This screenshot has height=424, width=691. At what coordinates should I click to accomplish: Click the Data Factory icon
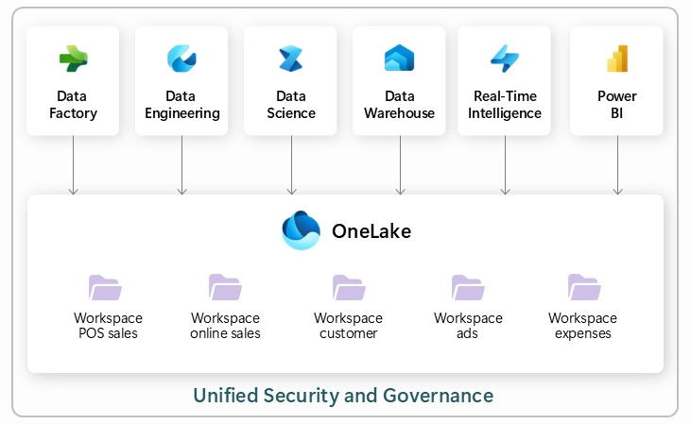point(73,59)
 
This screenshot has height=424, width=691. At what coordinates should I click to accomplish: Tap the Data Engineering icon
point(181,59)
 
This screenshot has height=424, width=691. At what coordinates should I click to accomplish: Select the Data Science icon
point(290,59)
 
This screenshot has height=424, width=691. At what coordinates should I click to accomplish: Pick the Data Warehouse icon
point(399,59)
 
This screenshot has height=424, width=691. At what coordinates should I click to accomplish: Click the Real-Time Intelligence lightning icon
point(505,59)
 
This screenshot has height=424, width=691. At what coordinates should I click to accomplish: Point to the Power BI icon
point(617,59)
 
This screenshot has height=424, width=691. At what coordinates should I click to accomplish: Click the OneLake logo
point(302,230)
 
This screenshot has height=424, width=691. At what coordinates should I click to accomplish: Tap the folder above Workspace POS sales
point(105,287)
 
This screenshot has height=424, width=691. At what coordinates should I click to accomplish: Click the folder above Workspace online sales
point(225,287)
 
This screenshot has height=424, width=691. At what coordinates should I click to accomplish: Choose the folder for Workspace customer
point(348,287)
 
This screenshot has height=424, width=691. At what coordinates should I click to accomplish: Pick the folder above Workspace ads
point(468,287)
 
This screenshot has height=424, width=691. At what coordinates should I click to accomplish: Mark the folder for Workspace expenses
point(583,287)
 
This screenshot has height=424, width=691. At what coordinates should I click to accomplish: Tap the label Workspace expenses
point(582,326)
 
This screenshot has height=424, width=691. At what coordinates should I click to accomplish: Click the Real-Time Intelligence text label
point(506,105)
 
